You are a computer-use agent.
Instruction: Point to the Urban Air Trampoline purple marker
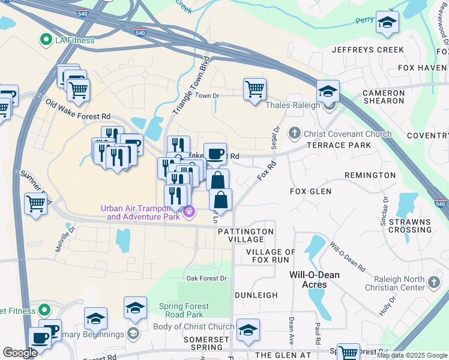click(x=190, y=211)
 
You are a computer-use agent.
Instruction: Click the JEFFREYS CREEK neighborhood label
click(x=368, y=50)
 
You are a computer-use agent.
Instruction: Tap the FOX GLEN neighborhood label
click(x=310, y=191)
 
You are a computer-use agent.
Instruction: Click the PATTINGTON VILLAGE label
click(x=246, y=235)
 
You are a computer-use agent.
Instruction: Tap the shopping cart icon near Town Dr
click(x=255, y=89)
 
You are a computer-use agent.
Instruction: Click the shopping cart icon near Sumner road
click(x=36, y=203)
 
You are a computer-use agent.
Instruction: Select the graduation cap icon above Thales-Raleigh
click(x=328, y=92)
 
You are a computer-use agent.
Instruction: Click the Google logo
click(x=20, y=353)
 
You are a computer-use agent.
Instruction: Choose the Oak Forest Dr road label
click(x=207, y=278)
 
